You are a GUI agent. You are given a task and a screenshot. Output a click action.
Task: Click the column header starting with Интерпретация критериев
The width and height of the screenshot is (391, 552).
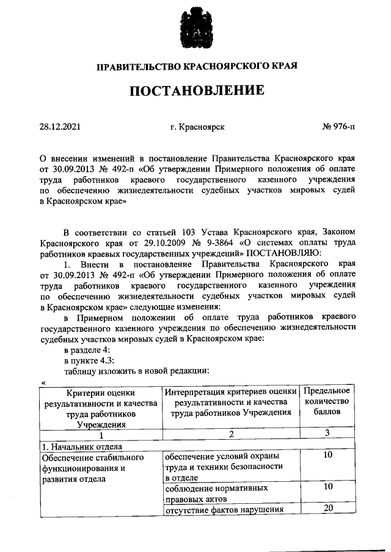230,402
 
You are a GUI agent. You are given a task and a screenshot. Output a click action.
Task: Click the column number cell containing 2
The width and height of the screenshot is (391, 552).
231,434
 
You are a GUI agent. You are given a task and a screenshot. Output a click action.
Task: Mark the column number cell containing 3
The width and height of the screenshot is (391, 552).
327,434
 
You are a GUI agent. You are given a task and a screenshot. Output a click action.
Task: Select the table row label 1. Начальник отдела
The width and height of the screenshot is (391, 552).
77,445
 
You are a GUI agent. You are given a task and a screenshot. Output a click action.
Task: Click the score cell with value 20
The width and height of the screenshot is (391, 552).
327,509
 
